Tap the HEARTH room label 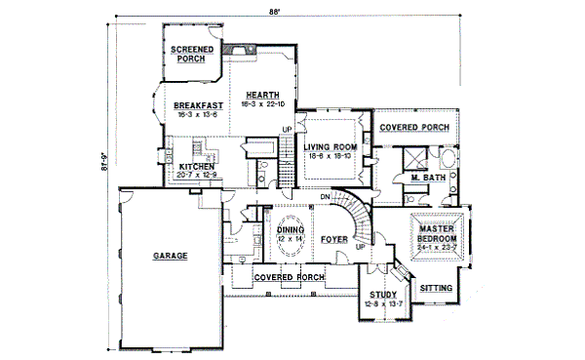coord(262,94)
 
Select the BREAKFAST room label coord(199,105)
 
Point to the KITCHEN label coord(196,167)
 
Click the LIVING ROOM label coord(330,147)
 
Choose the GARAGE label coord(170,257)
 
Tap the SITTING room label coord(435,289)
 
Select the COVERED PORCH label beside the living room coord(413,128)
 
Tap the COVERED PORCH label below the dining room coord(288,277)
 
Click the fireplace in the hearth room coord(237,48)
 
